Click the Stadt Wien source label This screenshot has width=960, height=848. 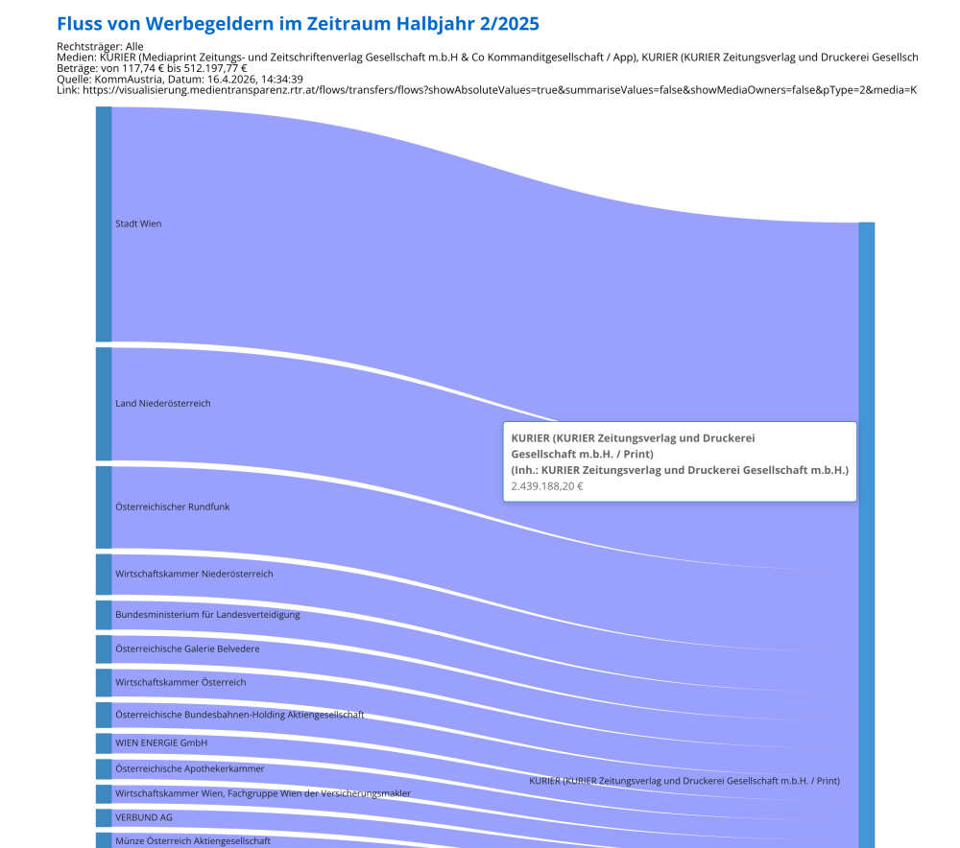pos(138,224)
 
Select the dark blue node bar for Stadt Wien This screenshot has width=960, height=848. pos(104,224)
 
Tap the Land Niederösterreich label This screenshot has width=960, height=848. pos(163,404)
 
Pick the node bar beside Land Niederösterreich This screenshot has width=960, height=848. pos(104,404)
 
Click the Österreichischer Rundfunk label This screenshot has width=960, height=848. pos(173,506)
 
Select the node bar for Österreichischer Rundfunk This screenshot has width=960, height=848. pos(104,506)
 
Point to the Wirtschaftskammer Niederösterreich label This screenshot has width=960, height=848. pos(194,574)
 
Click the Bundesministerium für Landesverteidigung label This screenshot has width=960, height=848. pos(207,614)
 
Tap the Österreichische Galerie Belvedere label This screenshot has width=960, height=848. pos(187,648)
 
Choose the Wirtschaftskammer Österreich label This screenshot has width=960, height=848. pos(180,682)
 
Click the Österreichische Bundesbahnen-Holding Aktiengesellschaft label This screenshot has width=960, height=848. pos(239,715)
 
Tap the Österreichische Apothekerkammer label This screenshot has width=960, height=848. pos(190,768)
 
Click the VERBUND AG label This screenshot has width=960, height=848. pos(144,817)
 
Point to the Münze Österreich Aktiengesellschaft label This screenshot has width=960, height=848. pos(193,841)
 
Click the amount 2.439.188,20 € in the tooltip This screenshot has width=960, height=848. pos(547,486)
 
